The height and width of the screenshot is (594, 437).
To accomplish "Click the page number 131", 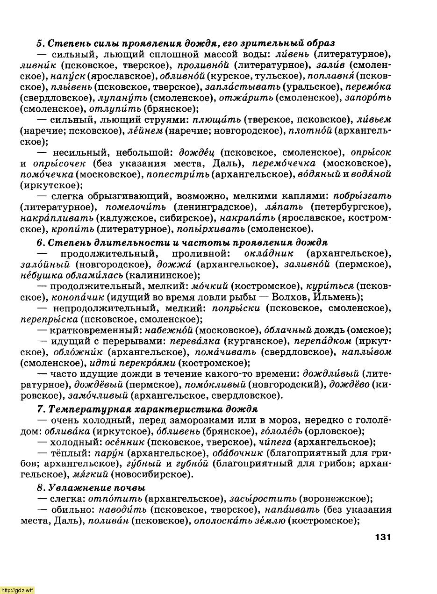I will pos(382,537).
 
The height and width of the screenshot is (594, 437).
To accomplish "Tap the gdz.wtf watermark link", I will pos(17,590).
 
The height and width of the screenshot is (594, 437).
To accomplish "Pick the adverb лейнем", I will pos(145,131).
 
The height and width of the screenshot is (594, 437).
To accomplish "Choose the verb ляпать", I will pos(279,207).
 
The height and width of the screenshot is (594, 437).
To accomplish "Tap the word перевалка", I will pos(192,341).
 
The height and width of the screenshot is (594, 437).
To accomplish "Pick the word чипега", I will pos(275,442).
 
